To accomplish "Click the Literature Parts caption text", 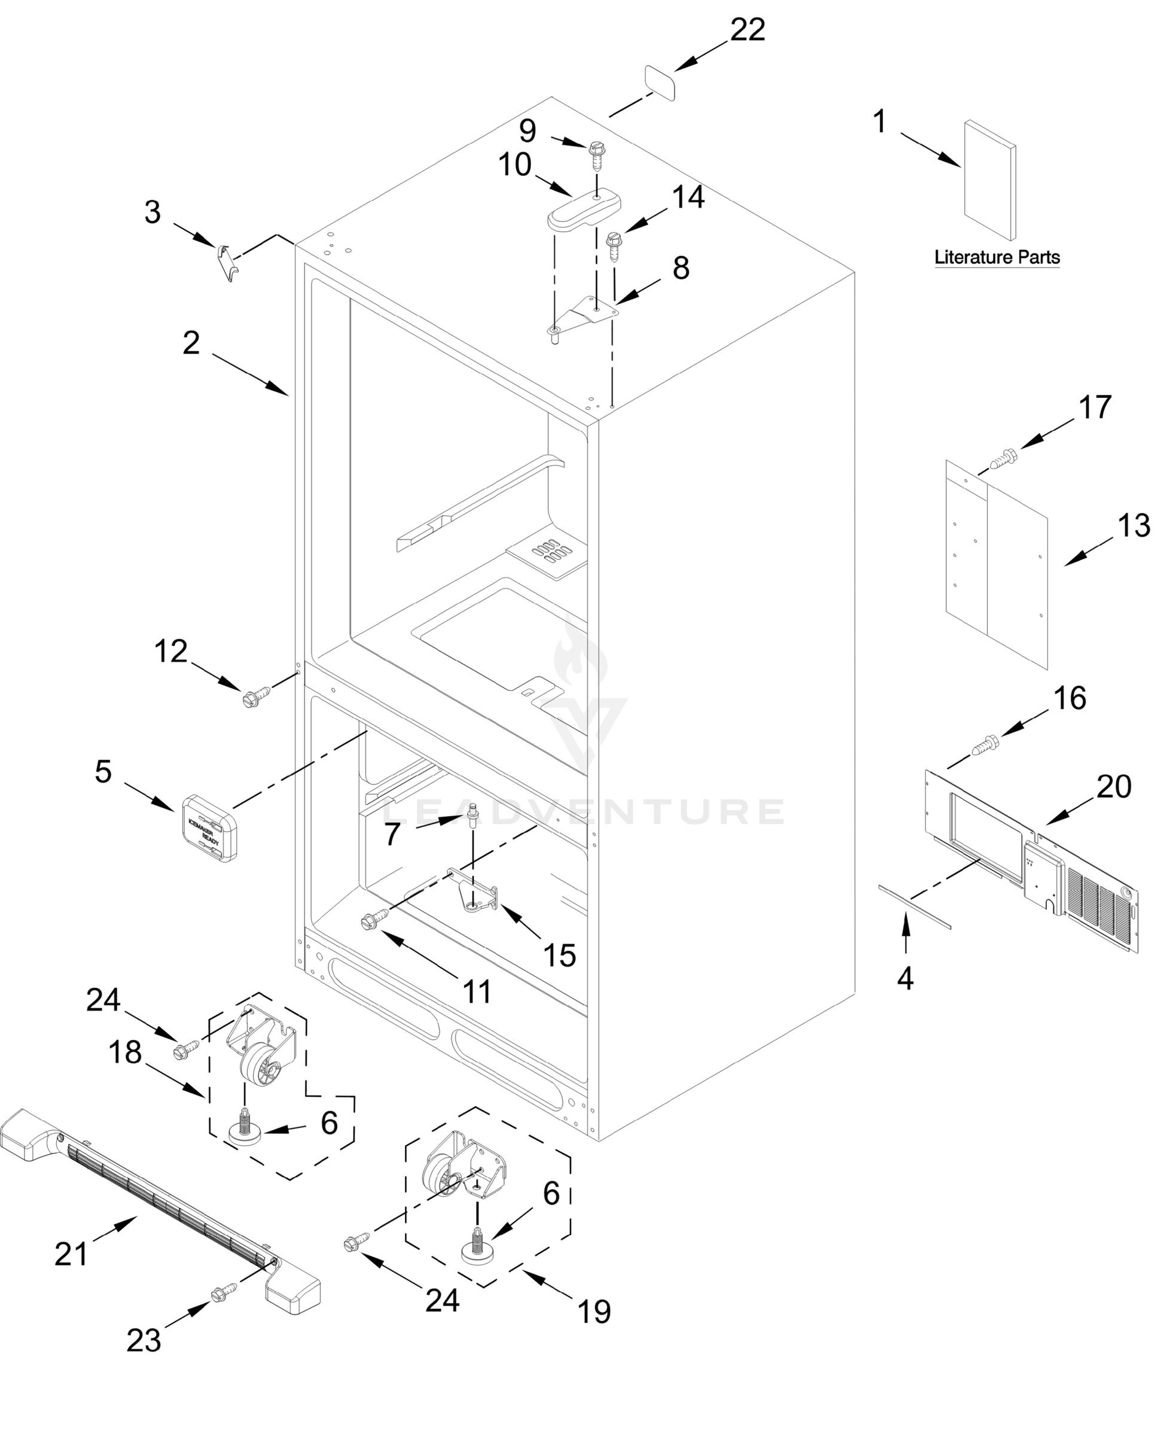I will click(x=997, y=257).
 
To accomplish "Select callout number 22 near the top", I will click(x=748, y=31).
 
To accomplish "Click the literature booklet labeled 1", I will click(x=989, y=180).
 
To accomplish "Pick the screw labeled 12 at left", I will click(x=254, y=698).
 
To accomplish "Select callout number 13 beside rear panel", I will click(x=1134, y=527).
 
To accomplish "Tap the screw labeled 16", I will click(x=986, y=744).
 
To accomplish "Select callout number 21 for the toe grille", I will click(x=71, y=1255).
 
